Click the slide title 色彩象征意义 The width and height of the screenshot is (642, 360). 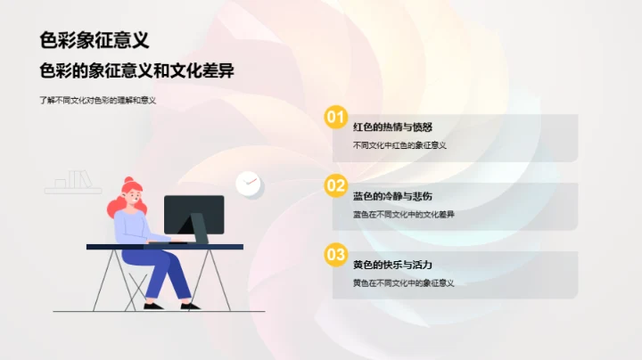94,40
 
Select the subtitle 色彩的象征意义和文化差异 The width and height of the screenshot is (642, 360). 136,71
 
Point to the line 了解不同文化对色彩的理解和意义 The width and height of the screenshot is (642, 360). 98,101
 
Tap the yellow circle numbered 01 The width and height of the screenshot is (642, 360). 335,117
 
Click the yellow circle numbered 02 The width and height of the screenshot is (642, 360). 335,186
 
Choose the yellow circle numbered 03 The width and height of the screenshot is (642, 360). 335,256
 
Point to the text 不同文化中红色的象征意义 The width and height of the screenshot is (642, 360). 399,145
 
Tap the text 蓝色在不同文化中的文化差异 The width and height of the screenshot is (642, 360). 404,214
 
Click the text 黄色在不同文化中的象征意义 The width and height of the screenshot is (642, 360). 404,283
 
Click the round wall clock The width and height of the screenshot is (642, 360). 248,183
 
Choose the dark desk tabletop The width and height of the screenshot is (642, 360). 164,246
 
